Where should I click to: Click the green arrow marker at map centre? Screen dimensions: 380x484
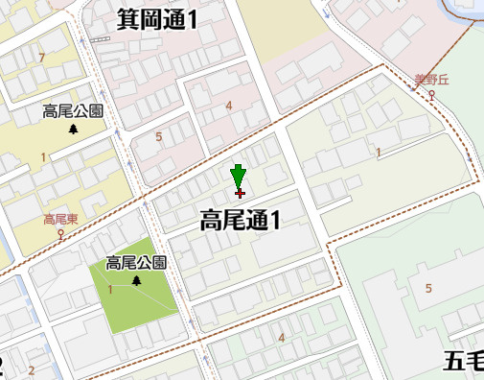(239, 176)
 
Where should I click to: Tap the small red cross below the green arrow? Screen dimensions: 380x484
(239, 194)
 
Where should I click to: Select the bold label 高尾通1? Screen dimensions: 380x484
(240, 221)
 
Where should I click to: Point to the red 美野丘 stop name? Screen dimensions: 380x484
(430, 81)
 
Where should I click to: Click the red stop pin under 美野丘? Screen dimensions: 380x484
(431, 95)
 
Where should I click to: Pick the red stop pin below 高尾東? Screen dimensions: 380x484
(60, 232)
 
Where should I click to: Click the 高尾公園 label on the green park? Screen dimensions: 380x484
(136, 263)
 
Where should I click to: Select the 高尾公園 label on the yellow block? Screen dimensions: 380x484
(73, 111)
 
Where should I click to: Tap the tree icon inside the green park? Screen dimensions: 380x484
(136, 280)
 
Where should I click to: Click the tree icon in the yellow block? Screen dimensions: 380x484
(74, 129)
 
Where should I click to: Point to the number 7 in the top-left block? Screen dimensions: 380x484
(41, 59)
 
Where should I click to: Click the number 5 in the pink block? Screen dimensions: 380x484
(159, 137)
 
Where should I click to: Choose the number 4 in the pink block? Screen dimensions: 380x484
(229, 106)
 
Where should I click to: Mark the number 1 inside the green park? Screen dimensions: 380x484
(110, 290)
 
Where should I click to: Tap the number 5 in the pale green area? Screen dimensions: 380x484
(428, 289)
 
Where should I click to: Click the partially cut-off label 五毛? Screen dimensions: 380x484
(464, 361)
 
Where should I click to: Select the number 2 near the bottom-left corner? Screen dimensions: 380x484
(32, 369)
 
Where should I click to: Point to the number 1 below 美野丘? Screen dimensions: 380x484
(379, 153)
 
